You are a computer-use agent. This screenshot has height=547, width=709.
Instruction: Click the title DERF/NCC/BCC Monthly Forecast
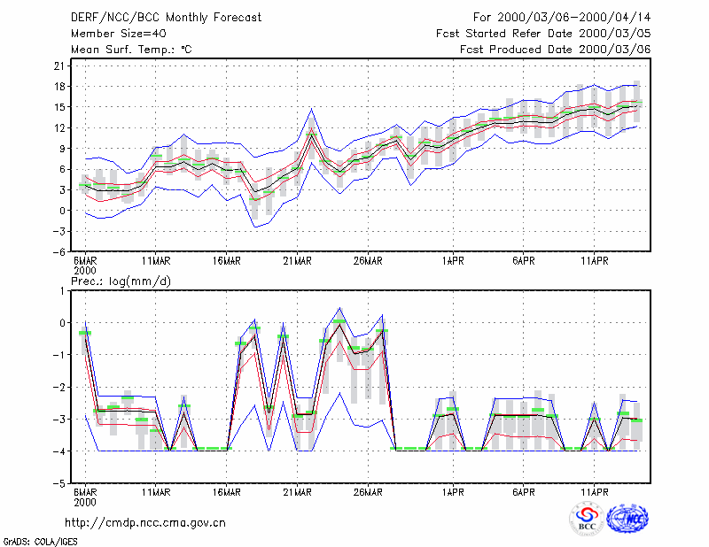[x=166, y=18]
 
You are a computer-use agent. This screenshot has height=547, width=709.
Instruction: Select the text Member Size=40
[x=119, y=34]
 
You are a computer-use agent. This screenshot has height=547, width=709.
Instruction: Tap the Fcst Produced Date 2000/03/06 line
[x=556, y=50]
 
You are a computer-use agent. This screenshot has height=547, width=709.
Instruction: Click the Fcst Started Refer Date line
[x=543, y=34]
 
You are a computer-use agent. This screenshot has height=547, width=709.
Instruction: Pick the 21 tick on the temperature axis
[x=59, y=66]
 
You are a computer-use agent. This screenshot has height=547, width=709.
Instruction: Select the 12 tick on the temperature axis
[x=59, y=127]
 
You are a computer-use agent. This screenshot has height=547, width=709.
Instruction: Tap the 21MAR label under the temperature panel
[x=297, y=261]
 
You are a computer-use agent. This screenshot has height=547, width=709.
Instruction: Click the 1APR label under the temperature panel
[x=453, y=261]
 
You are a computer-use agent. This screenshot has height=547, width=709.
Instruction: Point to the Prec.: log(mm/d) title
[x=121, y=281]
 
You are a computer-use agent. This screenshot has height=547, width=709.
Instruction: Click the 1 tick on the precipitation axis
[x=62, y=291]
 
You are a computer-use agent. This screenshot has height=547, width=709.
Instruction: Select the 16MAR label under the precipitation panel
[x=227, y=492]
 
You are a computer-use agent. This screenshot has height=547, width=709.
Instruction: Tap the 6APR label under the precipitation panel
[x=524, y=492]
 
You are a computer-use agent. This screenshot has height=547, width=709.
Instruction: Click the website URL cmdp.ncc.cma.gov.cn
[x=145, y=523]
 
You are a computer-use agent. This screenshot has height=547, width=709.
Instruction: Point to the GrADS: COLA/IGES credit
[x=40, y=542]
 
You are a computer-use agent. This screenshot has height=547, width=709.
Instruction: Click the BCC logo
[x=587, y=519]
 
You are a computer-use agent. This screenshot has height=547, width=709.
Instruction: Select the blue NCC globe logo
[x=627, y=519]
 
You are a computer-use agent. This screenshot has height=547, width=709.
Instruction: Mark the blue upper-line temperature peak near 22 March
[x=311, y=108]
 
